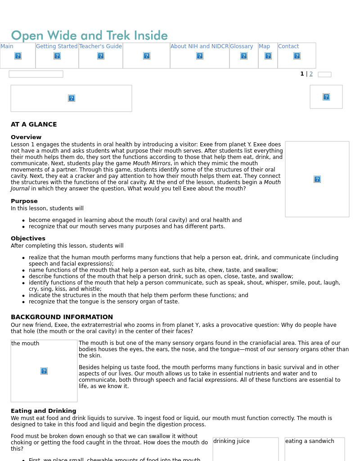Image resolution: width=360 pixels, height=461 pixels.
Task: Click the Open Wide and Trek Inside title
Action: [x=89, y=36]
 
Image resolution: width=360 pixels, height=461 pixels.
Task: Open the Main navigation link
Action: [x=7, y=46]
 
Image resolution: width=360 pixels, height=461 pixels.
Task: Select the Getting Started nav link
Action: [x=57, y=46]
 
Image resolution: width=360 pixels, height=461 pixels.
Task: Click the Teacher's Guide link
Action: [x=100, y=46]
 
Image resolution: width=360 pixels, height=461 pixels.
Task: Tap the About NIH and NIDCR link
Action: [x=199, y=46]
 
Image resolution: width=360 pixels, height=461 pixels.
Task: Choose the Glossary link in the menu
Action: [x=242, y=46]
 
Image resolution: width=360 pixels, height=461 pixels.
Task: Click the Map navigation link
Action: [x=264, y=46]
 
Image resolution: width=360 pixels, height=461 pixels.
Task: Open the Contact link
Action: [x=288, y=46]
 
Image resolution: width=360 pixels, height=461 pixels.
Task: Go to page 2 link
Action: [x=311, y=74]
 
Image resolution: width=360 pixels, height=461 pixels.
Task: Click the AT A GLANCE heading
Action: [x=34, y=125]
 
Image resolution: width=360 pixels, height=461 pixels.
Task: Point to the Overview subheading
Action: [x=26, y=137]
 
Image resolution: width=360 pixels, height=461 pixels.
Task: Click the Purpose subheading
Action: [x=24, y=201]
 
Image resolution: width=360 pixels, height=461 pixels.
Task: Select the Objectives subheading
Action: [x=28, y=239]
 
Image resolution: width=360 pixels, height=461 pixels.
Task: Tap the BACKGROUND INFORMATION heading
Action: [x=62, y=317]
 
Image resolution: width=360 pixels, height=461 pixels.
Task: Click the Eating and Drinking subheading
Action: [x=43, y=411]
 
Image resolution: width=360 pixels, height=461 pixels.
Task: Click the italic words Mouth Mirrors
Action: [x=152, y=163]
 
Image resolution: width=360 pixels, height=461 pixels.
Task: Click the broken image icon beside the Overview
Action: [x=317, y=179]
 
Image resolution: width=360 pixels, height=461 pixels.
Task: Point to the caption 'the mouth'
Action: [x=25, y=343]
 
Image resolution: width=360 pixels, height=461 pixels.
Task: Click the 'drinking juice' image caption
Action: [x=231, y=441]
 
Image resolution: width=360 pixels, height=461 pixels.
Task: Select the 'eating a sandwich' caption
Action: [x=310, y=441]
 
